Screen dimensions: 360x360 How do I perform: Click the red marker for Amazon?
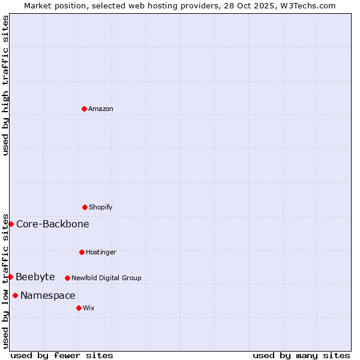[84, 109]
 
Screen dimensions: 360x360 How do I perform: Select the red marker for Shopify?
[85, 207]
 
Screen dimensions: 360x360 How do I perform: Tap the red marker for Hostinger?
[82, 252]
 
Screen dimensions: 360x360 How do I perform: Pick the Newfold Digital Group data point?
[67, 278]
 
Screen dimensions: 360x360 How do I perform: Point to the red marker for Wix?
[79, 308]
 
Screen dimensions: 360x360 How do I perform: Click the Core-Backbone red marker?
[11, 224]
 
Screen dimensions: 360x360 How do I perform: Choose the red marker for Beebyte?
[10, 277]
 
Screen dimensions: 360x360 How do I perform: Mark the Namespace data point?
[15, 295]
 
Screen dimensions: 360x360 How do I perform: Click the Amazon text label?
[101, 109]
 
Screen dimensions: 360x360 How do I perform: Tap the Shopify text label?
[100, 207]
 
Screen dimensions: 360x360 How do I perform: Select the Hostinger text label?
[101, 252]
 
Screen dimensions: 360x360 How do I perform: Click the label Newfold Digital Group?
[106, 278]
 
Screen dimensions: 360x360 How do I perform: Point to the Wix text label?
[89, 308]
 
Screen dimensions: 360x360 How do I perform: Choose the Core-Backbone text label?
[53, 224]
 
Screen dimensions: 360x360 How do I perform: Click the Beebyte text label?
[35, 277]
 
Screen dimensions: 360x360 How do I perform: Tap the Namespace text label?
[48, 295]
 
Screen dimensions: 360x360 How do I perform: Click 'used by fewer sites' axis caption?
[62, 355]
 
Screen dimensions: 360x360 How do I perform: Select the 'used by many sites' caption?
[301, 355]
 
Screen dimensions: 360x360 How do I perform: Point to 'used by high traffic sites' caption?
[5, 85]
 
